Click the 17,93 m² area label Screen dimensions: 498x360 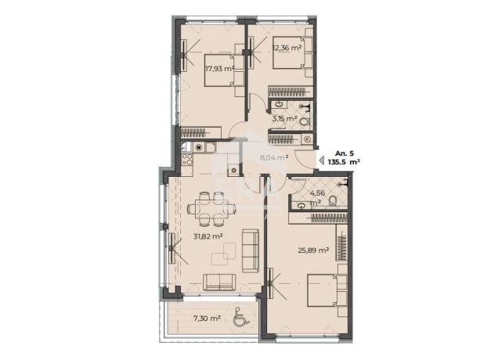(x=220, y=69)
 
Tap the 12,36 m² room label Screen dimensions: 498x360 (x=287, y=48)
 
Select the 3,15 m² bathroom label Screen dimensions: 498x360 (x=284, y=119)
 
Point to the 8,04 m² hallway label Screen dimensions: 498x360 (x=274, y=157)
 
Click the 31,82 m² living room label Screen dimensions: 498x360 (x=207, y=236)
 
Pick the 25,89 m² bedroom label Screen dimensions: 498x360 (x=313, y=250)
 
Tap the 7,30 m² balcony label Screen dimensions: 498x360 (x=207, y=318)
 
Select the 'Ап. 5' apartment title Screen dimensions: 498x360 (x=345, y=153)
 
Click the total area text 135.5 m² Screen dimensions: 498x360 (x=344, y=162)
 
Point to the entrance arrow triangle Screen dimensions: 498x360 (x=321, y=160)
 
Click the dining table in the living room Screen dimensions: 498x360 (x=211, y=209)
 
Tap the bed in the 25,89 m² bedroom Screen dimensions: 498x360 (x=327, y=290)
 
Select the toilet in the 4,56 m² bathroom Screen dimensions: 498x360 (x=333, y=201)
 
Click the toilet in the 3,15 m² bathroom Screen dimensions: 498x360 (x=305, y=122)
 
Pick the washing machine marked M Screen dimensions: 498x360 (x=199, y=147)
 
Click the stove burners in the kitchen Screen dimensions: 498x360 (x=187, y=160)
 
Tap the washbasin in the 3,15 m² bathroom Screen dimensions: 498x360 (x=280, y=104)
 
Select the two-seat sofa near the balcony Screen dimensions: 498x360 (x=219, y=282)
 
